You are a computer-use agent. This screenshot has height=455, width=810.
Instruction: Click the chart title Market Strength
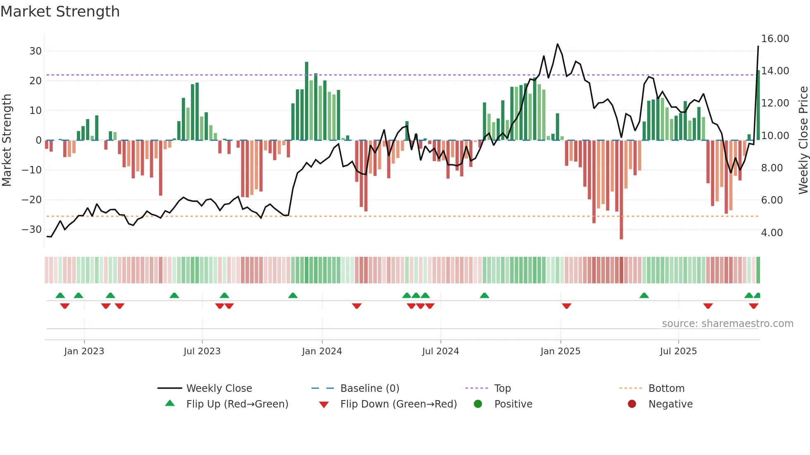pyautogui.click(x=60, y=12)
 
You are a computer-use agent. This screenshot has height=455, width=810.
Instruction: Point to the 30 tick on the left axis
pyautogui.click(x=36, y=51)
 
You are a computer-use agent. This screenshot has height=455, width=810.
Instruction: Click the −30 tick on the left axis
pyautogui.click(x=32, y=230)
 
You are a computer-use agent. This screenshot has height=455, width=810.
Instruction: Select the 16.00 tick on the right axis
pyautogui.click(x=775, y=39)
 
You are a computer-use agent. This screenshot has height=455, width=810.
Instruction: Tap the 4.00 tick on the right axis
pyautogui.click(x=772, y=233)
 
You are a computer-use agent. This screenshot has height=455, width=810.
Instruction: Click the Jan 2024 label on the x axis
pyautogui.click(x=322, y=351)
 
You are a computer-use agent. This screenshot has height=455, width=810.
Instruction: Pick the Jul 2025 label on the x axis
pyautogui.click(x=678, y=351)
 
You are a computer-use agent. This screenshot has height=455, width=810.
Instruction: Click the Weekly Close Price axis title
pyautogui.click(x=803, y=140)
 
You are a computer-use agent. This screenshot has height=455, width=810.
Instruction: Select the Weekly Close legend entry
pyautogui.click(x=219, y=389)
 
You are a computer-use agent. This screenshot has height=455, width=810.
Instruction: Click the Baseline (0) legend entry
pyautogui.click(x=369, y=389)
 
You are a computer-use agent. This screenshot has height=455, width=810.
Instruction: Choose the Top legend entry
pyautogui.click(x=503, y=389)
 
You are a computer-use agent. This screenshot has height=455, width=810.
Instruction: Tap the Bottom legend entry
pyautogui.click(x=666, y=389)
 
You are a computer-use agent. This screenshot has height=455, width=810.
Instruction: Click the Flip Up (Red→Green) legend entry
pyautogui.click(x=237, y=404)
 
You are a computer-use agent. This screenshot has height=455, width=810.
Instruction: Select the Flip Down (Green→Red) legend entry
pyautogui.click(x=398, y=404)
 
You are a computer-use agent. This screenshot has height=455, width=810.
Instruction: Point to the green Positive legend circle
pyautogui.click(x=478, y=404)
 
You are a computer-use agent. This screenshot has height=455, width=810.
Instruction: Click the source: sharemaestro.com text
pyautogui.click(x=727, y=324)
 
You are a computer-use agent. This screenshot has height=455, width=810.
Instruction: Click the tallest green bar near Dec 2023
pyautogui.click(x=307, y=101)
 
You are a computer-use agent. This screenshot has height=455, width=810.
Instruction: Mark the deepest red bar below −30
pyautogui.click(x=621, y=190)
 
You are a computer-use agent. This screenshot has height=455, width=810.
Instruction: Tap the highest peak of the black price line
pyautogui.click(x=557, y=44)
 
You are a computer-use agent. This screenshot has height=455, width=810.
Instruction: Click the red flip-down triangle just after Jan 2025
pyautogui.click(x=567, y=306)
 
